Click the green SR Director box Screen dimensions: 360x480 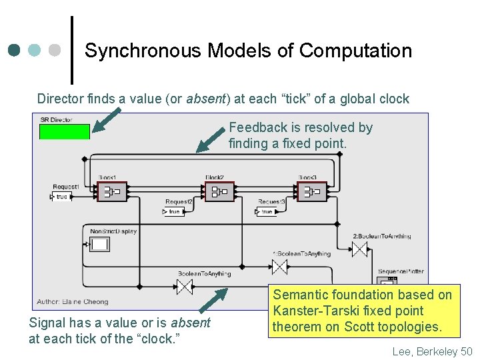click(x=64, y=131)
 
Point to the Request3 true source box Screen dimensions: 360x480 click(x=265, y=211)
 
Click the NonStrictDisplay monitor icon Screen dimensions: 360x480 click(x=100, y=244)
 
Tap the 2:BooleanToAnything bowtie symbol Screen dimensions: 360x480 click(x=360, y=249)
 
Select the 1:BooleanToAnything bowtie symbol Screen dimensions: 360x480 click(x=279, y=267)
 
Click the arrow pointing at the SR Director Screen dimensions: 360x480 click(x=107, y=121)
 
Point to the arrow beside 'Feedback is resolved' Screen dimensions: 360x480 click(x=211, y=141)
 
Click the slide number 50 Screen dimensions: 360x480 click(x=466, y=351)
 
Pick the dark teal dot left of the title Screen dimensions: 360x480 click(x=14, y=50)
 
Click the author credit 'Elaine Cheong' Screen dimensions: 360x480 click(x=86, y=302)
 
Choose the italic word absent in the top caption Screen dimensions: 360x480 click(x=207, y=99)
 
